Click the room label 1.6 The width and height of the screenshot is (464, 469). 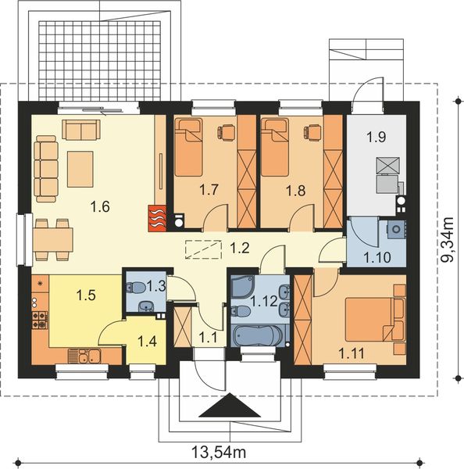tap(100, 206)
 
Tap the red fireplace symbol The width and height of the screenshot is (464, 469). tap(157, 218)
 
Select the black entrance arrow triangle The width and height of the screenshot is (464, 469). tap(230, 405)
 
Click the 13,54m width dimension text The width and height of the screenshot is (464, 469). tap(219, 453)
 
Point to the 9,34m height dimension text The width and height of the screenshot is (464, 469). tap(448, 240)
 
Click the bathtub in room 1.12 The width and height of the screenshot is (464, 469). tap(257, 336)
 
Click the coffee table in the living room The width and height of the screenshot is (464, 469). tap(80, 170)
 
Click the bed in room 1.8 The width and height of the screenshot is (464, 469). tap(275, 147)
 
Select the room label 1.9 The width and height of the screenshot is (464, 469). tap(376, 137)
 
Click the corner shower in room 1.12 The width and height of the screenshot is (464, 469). tap(243, 286)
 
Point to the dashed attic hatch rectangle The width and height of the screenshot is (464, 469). tap(203, 249)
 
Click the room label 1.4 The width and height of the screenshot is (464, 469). tap(147, 342)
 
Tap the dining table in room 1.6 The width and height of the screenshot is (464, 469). tap(53, 240)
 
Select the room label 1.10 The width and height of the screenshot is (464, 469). tap(377, 258)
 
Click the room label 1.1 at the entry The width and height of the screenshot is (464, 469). tap(208, 338)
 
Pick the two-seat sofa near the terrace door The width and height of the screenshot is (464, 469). tap(81, 130)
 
